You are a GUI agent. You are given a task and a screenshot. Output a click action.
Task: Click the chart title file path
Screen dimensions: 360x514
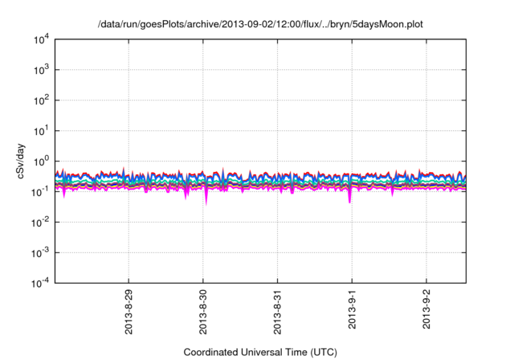[x=259, y=25]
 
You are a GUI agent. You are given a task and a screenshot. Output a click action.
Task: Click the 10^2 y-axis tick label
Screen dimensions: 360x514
[x=41, y=100]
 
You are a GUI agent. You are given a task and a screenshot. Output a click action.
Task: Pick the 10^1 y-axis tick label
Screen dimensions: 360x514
[x=41, y=130]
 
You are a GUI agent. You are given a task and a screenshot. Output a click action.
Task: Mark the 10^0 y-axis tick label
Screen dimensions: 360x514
[x=41, y=161]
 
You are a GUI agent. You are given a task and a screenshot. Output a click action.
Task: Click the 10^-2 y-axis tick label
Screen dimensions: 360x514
[x=40, y=222]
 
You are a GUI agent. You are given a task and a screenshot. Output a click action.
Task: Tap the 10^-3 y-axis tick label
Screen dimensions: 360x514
[x=40, y=252]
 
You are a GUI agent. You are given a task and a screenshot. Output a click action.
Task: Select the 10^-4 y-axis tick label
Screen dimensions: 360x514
[x=40, y=282]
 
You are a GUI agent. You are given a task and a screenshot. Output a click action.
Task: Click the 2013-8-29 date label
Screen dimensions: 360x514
[x=129, y=312]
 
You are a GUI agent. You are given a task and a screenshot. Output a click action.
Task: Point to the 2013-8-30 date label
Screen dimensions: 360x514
[x=204, y=312]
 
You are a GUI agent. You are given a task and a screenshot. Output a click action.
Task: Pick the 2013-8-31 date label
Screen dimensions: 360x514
[x=278, y=312]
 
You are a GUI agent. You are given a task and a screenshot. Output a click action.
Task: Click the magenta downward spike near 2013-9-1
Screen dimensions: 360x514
[x=349, y=198]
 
